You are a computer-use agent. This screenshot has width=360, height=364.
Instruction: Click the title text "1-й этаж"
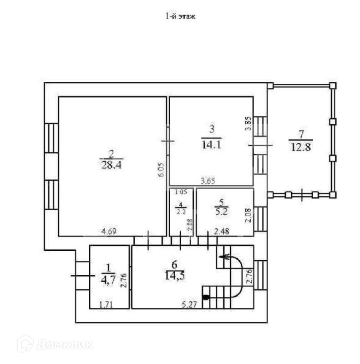pos(180,17)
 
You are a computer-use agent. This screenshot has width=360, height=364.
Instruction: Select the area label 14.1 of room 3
pos(211,144)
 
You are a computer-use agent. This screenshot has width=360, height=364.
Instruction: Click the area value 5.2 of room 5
pos(223,211)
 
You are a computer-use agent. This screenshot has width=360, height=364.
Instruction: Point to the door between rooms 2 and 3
pos(167,142)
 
